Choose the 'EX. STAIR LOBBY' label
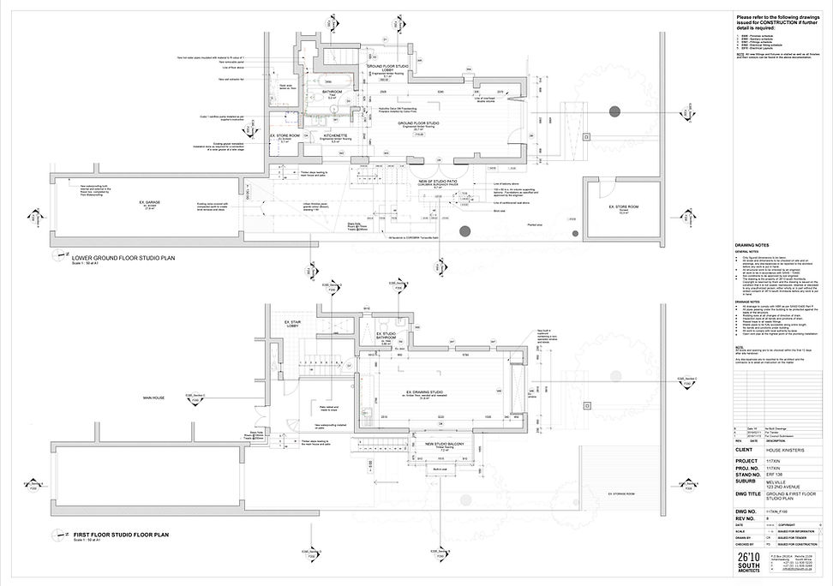coord(296,325)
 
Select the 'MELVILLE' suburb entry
coord(776,482)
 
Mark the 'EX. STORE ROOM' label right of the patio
coord(618,207)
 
